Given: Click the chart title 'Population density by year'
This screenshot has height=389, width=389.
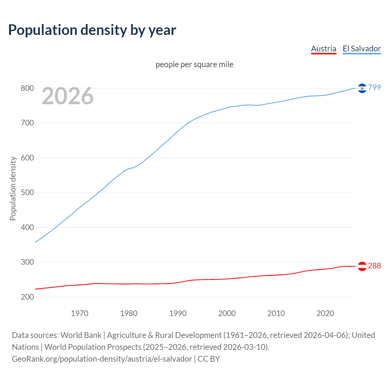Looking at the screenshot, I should click(x=92, y=30).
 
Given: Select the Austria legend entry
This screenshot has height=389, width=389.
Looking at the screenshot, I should click(x=324, y=49).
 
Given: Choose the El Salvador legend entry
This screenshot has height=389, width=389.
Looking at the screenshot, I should click(x=362, y=49).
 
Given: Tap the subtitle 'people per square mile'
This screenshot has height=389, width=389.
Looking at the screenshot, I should click(x=194, y=64).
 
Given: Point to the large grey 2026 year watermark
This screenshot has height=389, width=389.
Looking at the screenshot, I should click(x=67, y=96).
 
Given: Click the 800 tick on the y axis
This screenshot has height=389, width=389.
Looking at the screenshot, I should click(x=27, y=88).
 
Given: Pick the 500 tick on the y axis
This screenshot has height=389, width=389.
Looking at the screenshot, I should click(x=27, y=193).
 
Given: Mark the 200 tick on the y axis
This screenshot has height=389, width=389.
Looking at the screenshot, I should click(x=27, y=297).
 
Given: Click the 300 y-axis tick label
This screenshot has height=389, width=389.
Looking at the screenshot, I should click(x=27, y=262).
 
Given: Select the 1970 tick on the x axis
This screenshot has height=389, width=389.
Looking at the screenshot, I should click(x=80, y=313).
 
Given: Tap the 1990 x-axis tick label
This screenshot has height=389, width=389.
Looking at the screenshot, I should click(x=178, y=313).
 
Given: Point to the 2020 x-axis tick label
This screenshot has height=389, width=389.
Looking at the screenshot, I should click(x=325, y=313).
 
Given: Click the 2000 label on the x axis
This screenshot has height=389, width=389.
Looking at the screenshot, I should click(x=227, y=313).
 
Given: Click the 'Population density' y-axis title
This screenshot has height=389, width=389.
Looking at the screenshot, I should click(x=13, y=188).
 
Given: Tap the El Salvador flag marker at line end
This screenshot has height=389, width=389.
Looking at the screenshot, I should click(x=362, y=88).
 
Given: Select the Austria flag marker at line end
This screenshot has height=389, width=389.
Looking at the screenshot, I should click(x=362, y=266).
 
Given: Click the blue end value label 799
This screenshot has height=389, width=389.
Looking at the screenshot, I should click(x=374, y=88).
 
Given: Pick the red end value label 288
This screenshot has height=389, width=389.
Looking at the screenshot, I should click(x=374, y=266).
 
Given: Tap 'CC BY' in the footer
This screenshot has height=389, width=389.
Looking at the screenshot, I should click(x=209, y=359).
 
